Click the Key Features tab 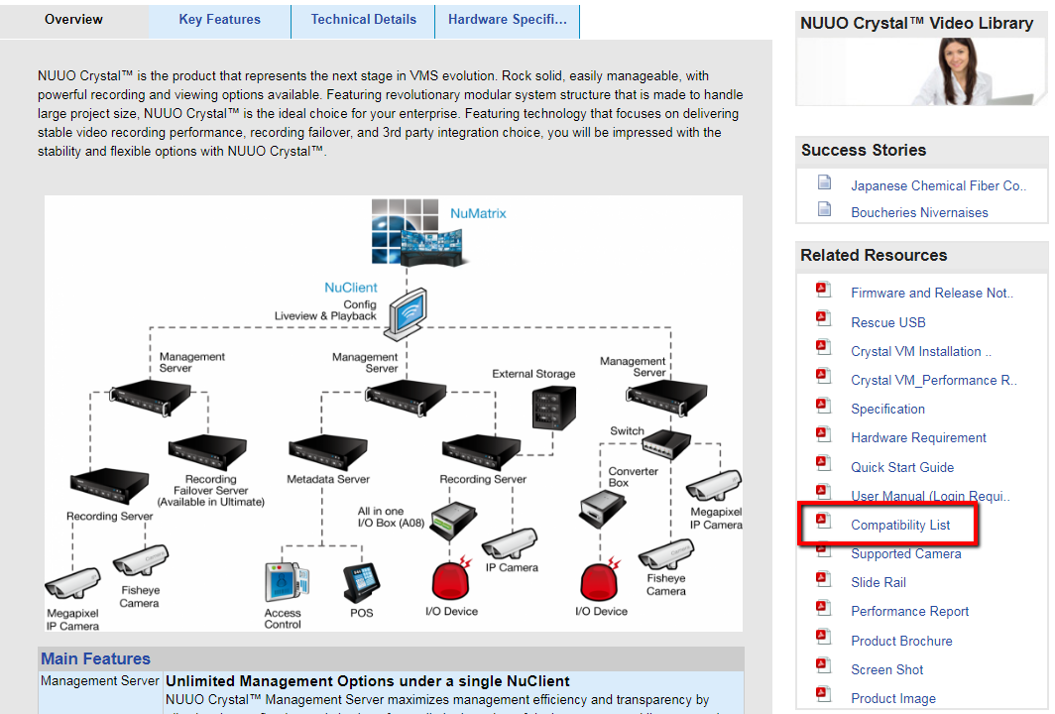coord(219,20)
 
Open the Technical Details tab coord(363,20)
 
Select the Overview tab coord(73,20)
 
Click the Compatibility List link coord(900,525)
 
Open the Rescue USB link coord(887,322)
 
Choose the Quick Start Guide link coord(902,467)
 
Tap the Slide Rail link coord(879,582)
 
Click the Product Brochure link coord(901,641)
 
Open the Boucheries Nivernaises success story coord(919,212)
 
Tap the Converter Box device coord(601,507)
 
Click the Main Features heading coord(95,658)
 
